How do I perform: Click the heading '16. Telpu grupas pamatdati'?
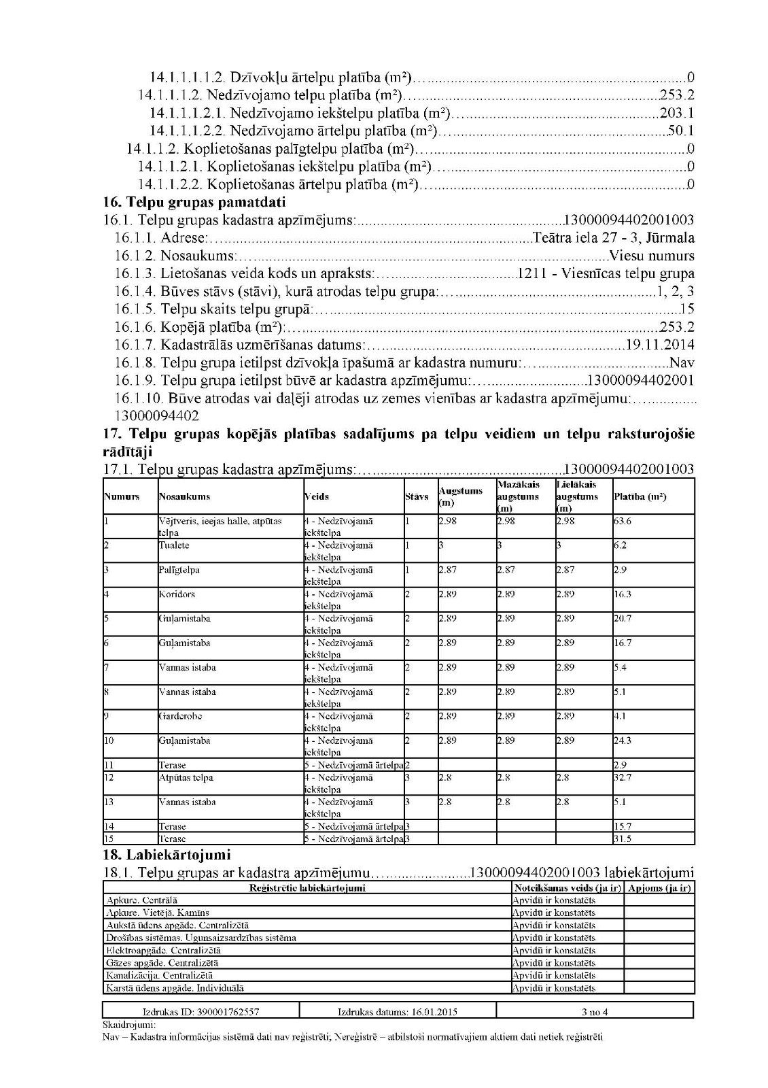[194, 202]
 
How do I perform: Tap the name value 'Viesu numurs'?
[652, 256]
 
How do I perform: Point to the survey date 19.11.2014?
[660, 345]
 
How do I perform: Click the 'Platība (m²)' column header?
[640, 496]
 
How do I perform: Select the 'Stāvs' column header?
[417, 496]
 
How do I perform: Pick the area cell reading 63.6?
[623, 521]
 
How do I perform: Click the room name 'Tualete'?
[174, 545]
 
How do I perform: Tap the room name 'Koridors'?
[177, 594]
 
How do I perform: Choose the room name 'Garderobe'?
[180, 716]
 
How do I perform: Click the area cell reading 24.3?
[623, 741]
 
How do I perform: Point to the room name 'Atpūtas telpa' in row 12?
[186, 777]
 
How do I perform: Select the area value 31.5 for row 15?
[623, 838]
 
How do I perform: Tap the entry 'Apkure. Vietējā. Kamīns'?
[158, 913]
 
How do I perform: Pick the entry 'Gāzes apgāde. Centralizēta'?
[162, 963]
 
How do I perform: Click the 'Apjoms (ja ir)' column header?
[659, 888]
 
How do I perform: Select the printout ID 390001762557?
[200, 1012]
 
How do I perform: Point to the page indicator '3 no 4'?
[595, 1012]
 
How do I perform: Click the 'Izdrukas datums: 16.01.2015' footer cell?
[398, 1012]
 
